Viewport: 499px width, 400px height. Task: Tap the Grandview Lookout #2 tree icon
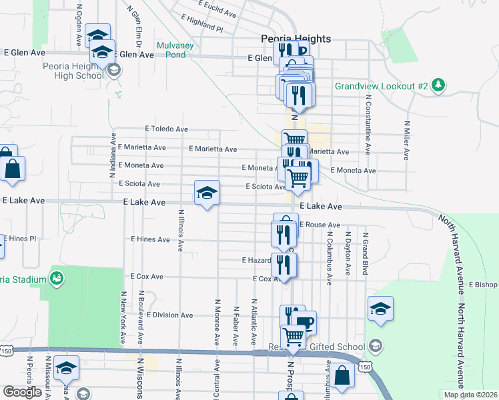point(438,85)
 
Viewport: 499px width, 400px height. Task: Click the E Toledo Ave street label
point(167,129)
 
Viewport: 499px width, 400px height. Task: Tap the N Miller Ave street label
point(406,140)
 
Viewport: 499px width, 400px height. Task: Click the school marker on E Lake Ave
point(207,193)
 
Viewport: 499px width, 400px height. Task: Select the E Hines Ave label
point(151,239)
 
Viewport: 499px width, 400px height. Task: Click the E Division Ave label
point(169,315)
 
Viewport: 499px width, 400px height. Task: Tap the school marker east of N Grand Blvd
point(380,309)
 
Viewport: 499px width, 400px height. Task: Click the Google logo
point(22,392)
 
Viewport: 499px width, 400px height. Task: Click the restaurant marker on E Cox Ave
point(284,265)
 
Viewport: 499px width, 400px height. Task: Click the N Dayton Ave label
point(348,253)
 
